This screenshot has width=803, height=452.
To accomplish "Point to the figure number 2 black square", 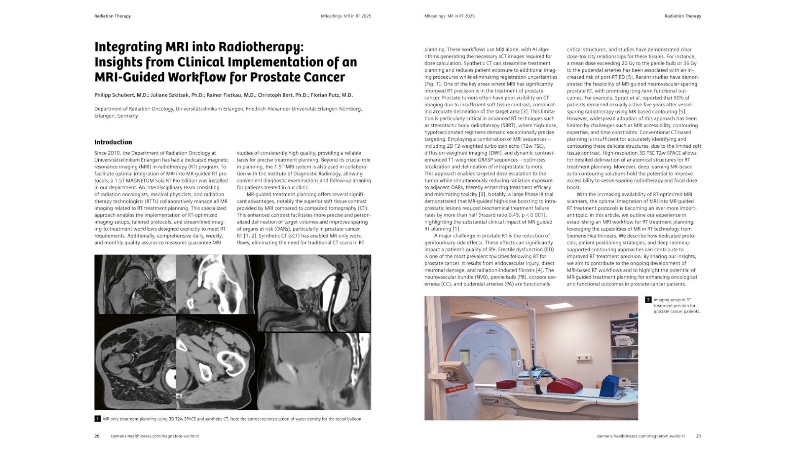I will (x=648, y=300).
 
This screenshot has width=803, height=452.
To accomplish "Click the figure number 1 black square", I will (x=97, y=419).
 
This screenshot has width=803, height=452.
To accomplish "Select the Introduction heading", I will (x=113, y=142).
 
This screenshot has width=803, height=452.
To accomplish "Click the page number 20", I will (x=97, y=436).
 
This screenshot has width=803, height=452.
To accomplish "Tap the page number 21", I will (x=698, y=436).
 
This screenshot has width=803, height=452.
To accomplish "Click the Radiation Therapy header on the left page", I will (x=113, y=16).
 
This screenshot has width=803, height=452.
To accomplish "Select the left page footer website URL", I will (x=155, y=436).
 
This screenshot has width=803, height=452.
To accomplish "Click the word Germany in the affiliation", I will (x=128, y=116).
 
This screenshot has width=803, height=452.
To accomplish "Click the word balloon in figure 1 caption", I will (x=354, y=419).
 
